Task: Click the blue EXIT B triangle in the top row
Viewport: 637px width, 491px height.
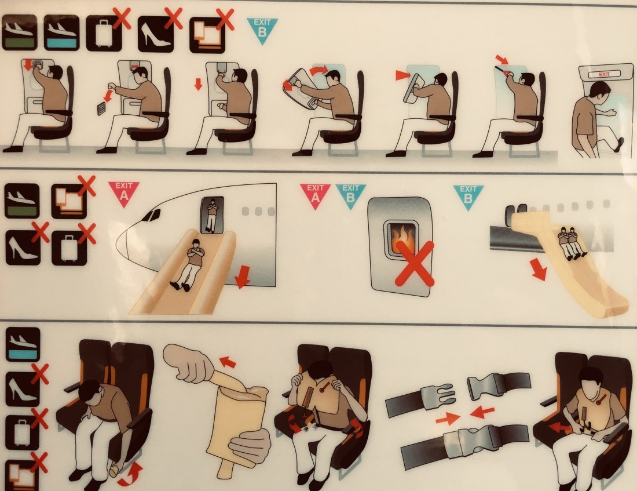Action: tap(262, 30)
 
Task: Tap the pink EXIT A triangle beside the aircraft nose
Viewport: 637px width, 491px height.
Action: tap(123, 193)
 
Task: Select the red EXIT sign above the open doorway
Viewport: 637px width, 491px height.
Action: tap(604, 74)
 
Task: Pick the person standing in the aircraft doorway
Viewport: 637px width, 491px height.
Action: tap(211, 215)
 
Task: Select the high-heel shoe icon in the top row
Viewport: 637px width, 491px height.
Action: tap(156, 34)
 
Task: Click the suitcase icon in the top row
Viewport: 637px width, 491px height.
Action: tap(104, 34)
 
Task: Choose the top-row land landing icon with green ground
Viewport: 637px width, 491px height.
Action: tap(20, 32)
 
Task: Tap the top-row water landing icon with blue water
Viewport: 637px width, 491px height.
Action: tap(61, 32)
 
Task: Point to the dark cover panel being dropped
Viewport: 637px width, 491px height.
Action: tap(101, 109)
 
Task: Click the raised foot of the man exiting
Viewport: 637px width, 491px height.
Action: tap(620, 144)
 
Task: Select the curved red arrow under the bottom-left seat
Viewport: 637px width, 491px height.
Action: tap(131, 475)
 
